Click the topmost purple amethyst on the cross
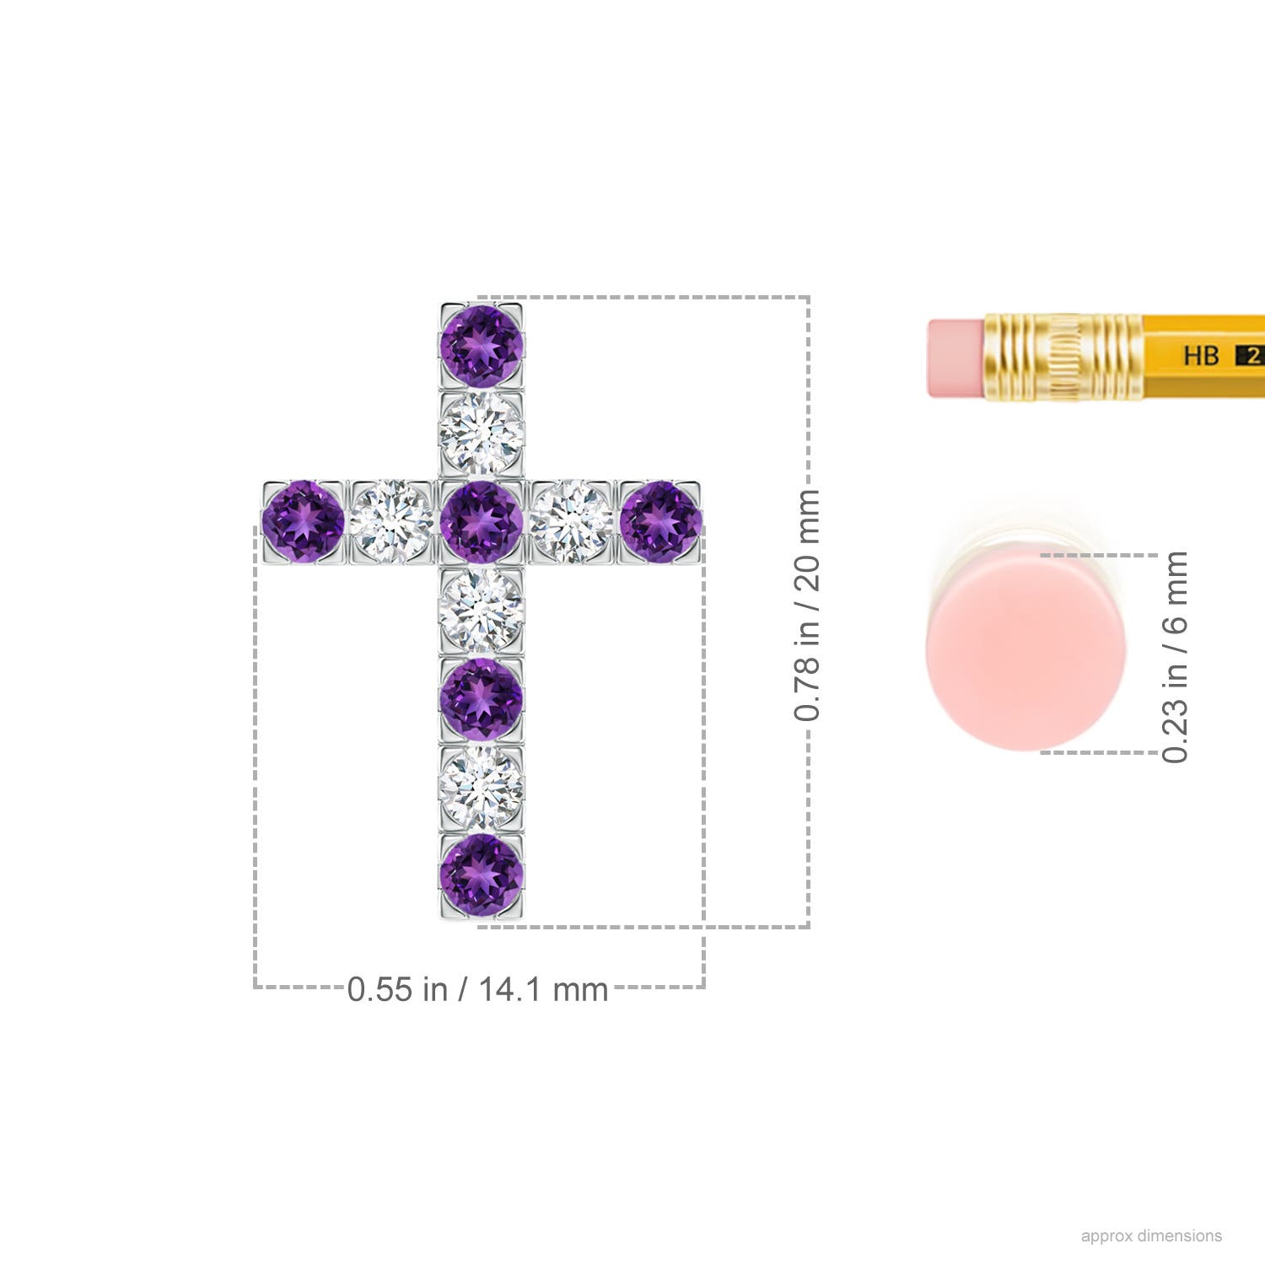[x=482, y=346]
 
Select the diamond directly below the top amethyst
[x=482, y=433]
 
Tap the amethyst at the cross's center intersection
[x=482, y=521]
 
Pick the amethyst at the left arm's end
[x=304, y=521]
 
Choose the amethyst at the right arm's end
[x=660, y=521]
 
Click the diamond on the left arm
[x=392, y=521]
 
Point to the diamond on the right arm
[x=572, y=521]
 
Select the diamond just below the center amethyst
[x=482, y=611]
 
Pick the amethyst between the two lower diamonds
[x=482, y=698]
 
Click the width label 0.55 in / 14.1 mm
[x=477, y=988]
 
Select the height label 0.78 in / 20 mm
[x=807, y=604]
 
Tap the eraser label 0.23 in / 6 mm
[x=1174, y=656]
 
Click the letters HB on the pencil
[x=1201, y=355]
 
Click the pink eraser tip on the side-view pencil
[x=955, y=358]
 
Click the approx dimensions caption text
[x=1151, y=1235]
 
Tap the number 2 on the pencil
[x=1252, y=355]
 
